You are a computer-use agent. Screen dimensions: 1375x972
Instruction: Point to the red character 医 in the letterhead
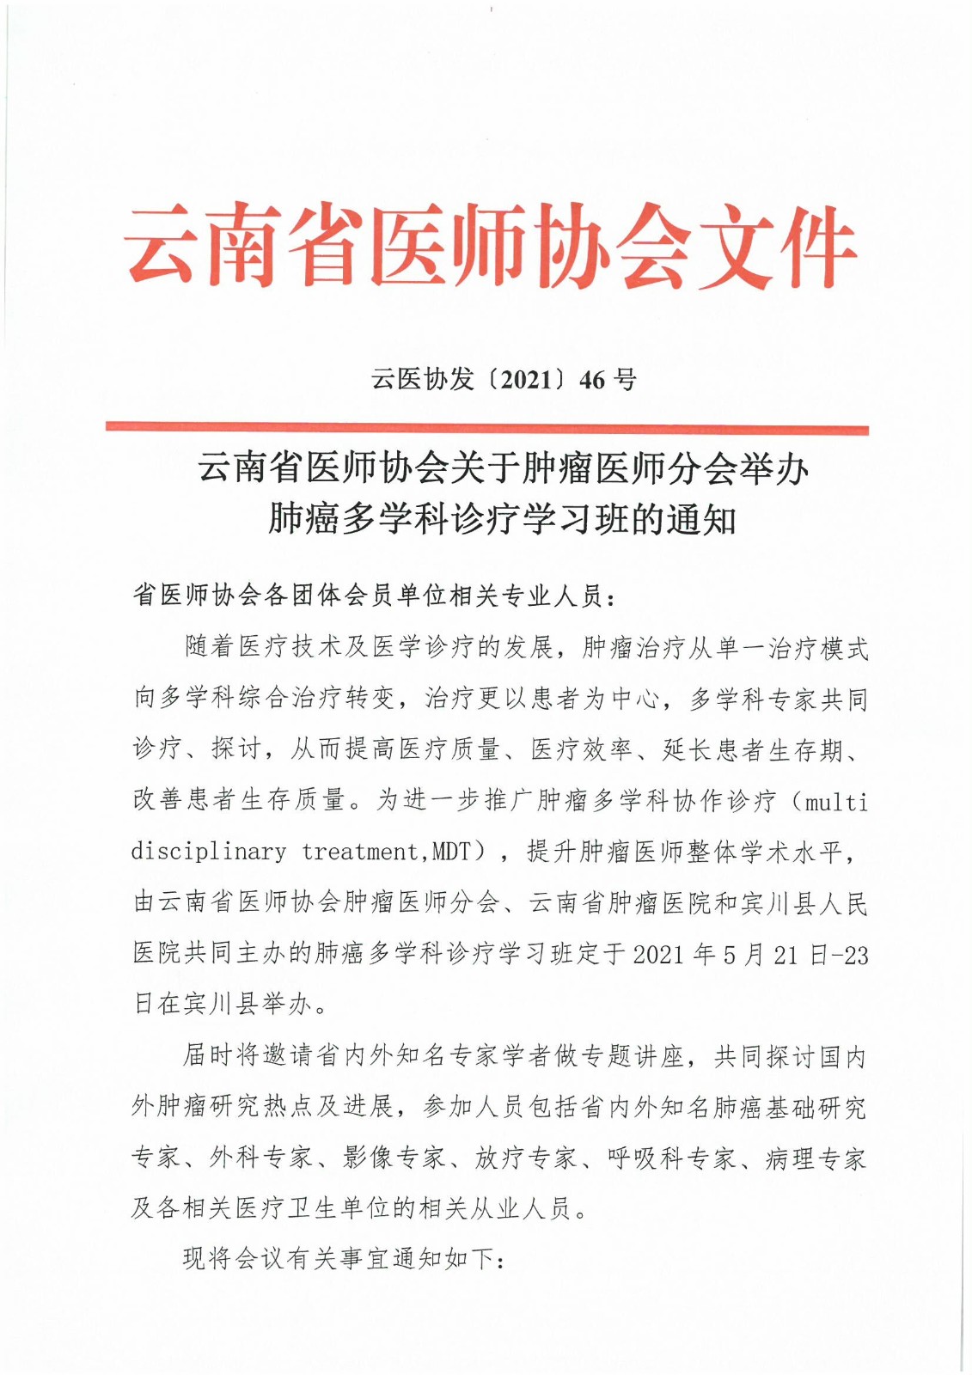pos(411,247)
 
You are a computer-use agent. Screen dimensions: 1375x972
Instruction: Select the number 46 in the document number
pos(593,379)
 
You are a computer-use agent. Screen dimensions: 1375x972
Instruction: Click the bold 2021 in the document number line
pos(525,379)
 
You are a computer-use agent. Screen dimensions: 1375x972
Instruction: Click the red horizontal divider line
pos(486,428)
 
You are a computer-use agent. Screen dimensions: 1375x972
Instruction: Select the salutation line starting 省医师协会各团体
pos(375,596)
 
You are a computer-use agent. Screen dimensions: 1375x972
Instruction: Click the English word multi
pos(834,803)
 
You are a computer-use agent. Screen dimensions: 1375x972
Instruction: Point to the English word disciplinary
pos(209,852)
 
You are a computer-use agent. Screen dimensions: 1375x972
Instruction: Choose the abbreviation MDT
pos(453,852)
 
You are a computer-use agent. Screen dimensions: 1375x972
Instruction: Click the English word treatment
pos(360,852)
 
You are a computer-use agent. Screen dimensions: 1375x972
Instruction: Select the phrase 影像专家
pos(394,1158)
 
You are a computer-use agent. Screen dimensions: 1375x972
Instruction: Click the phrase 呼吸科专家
pos(671,1158)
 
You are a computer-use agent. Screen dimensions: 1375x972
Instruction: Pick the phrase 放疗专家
pos(526,1158)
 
